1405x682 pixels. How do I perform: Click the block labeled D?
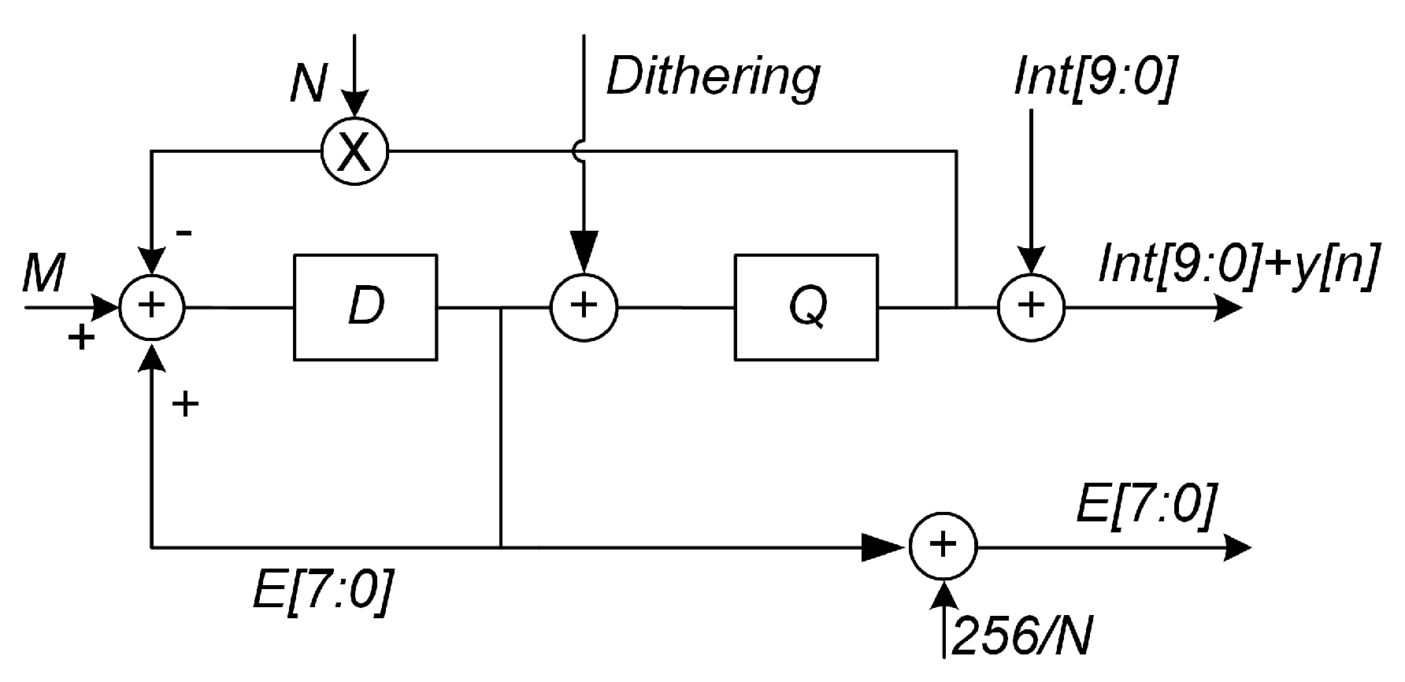365,307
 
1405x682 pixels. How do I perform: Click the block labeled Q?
806,307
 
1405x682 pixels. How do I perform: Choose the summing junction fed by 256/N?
943,546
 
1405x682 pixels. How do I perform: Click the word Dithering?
713,77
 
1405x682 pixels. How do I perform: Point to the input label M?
43,274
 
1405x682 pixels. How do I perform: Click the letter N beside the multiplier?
308,83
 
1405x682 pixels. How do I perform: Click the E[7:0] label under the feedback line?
319,592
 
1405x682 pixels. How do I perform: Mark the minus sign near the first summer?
184,234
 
